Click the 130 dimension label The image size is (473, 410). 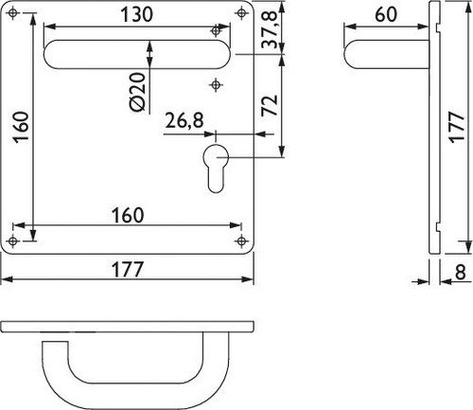pyautogui.click(x=136, y=14)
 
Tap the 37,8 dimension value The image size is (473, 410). pyautogui.click(x=270, y=29)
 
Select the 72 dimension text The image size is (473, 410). pyautogui.click(x=270, y=105)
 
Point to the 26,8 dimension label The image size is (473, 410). pyautogui.click(x=184, y=120)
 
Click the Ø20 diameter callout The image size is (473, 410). pyautogui.click(x=138, y=92)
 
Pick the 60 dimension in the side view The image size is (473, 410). pyautogui.click(x=386, y=14)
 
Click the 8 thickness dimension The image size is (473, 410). pyautogui.click(x=461, y=272)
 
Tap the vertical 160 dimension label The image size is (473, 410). pyautogui.click(x=22, y=127)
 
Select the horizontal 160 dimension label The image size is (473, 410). pyautogui.click(x=128, y=215)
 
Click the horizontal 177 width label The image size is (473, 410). pyautogui.click(x=128, y=270)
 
